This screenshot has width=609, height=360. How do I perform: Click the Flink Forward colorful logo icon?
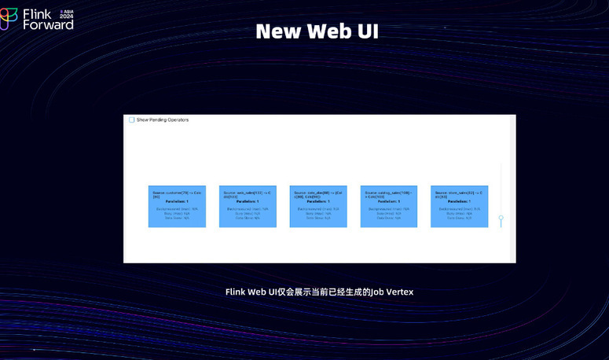[x=9, y=18]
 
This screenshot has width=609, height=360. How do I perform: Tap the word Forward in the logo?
[x=48, y=24]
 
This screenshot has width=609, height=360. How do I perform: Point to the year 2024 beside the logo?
[x=66, y=17]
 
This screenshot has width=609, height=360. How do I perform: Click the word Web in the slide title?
[x=317, y=31]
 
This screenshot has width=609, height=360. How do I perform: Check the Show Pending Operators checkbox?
[x=132, y=120]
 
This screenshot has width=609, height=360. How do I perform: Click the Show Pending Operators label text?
[x=163, y=120]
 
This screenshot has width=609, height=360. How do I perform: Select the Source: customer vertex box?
[x=177, y=207]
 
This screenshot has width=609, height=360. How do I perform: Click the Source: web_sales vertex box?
[x=248, y=207]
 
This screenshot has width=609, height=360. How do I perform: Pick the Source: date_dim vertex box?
[x=318, y=207]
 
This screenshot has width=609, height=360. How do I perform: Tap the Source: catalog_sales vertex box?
[x=388, y=207]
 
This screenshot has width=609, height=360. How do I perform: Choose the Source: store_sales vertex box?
[x=459, y=207]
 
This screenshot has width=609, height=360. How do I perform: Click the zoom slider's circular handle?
[x=501, y=219]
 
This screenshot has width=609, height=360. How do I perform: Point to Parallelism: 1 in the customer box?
[x=177, y=201]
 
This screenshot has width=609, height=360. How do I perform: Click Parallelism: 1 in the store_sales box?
[x=459, y=201]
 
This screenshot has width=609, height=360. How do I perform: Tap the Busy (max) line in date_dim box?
[x=318, y=213]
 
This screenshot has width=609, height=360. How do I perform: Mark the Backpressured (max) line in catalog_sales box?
[x=388, y=209]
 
